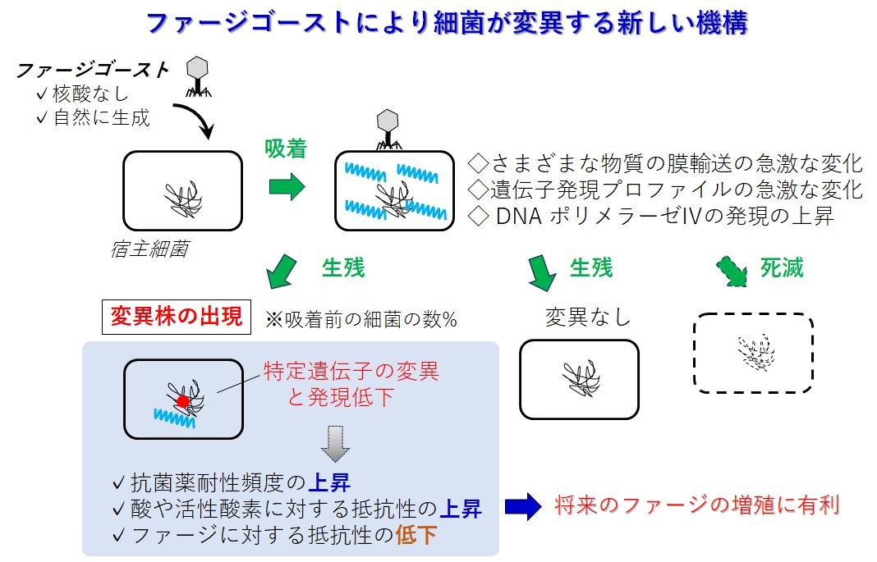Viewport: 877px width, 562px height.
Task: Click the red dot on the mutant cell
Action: tap(183, 400)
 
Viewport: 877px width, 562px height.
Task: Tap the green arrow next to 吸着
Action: tap(287, 187)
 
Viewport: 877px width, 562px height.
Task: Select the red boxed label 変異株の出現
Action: tap(177, 317)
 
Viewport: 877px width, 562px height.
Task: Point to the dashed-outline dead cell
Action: tap(753, 353)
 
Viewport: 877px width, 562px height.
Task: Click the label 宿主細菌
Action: tap(149, 249)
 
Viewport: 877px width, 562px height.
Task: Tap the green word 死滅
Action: tap(781, 267)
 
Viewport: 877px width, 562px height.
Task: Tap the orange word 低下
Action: tap(416, 536)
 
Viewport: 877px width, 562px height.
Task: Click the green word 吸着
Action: tap(285, 148)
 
